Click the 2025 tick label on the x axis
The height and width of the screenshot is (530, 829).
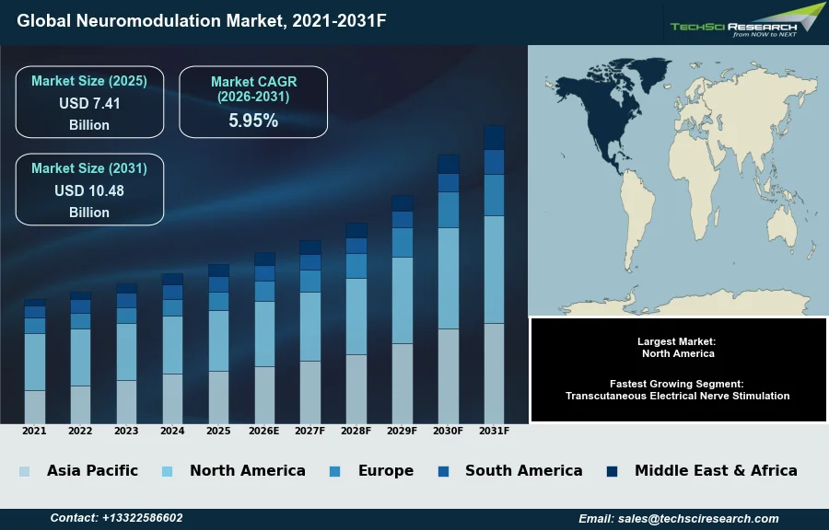(218, 431)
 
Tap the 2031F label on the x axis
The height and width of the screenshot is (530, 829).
(494, 431)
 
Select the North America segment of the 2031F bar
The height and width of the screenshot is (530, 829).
(494, 270)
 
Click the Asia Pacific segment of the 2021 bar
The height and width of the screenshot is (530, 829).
(35, 407)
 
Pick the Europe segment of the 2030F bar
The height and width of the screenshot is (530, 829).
(449, 210)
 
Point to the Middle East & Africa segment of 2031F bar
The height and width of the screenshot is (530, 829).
(494, 138)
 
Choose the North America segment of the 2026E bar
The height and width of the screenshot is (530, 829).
(264, 334)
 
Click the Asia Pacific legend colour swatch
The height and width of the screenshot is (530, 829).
(25, 471)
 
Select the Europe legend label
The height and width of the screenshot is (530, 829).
(385, 471)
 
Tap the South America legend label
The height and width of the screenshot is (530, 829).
(523, 471)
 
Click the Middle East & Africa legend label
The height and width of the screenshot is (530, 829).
(716, 471)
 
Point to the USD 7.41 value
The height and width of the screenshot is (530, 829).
(89, 104)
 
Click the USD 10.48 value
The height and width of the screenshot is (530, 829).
(89, 191)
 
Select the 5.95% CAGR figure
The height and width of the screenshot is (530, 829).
(253, 121)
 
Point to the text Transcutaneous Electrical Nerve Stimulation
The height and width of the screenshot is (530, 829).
(677, 396)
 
